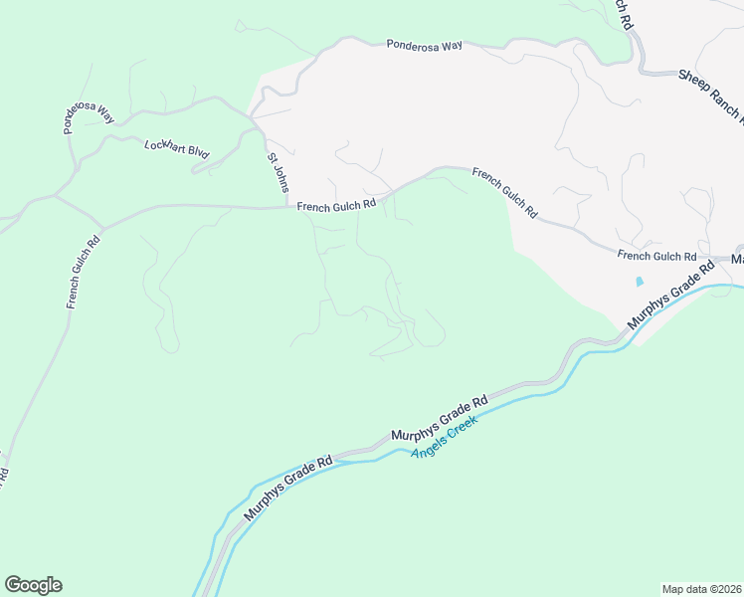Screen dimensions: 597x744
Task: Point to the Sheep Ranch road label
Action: (710, 95)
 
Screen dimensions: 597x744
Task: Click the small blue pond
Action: (640, 282)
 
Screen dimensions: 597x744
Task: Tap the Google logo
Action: (33, 585)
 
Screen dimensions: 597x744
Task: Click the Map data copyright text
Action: (702, 588)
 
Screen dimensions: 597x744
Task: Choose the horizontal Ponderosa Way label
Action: (426, 45)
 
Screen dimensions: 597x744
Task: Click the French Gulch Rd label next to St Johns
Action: (336, 204)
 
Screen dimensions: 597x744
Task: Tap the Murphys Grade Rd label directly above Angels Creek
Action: (439, 419)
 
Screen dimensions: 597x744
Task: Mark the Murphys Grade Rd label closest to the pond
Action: (671, 296)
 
